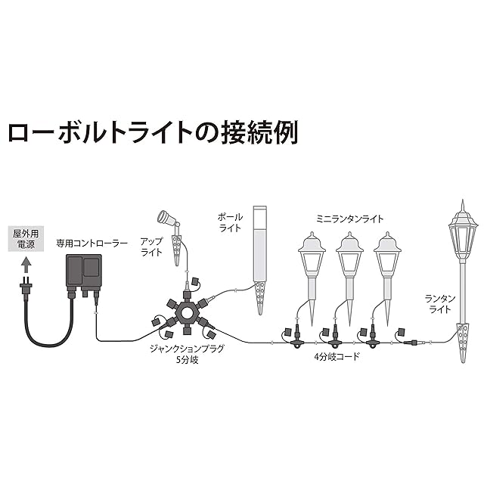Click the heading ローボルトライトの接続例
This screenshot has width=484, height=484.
tap(152, 132)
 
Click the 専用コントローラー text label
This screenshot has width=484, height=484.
tap(92, 244)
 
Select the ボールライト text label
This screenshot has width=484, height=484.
tap(230, 222)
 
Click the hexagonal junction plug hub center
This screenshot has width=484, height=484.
tap(186, 312)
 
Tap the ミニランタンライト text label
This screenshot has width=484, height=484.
tap(349, 217)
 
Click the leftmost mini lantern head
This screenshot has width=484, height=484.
tap(312, 253)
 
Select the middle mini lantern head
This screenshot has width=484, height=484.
tap(349, 253)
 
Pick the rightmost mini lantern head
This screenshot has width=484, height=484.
tap(387, 253)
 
